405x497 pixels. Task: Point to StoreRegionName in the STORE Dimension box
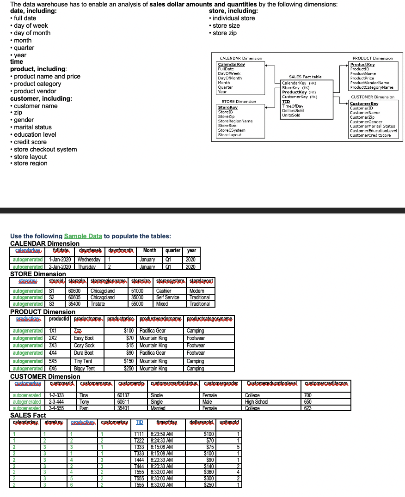click(x=235, y=121)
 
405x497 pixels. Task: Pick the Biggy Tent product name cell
click(x=84, y=369)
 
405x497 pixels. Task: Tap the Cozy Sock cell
click(x=84, y=345)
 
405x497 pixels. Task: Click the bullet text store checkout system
click(x=45, y=149)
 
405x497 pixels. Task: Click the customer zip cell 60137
click(x=123, y=395)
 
